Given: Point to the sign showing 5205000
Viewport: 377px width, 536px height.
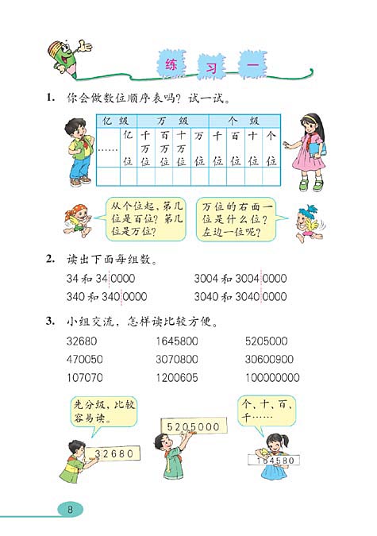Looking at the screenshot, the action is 192,426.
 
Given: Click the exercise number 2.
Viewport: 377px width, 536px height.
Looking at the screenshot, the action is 50,259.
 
